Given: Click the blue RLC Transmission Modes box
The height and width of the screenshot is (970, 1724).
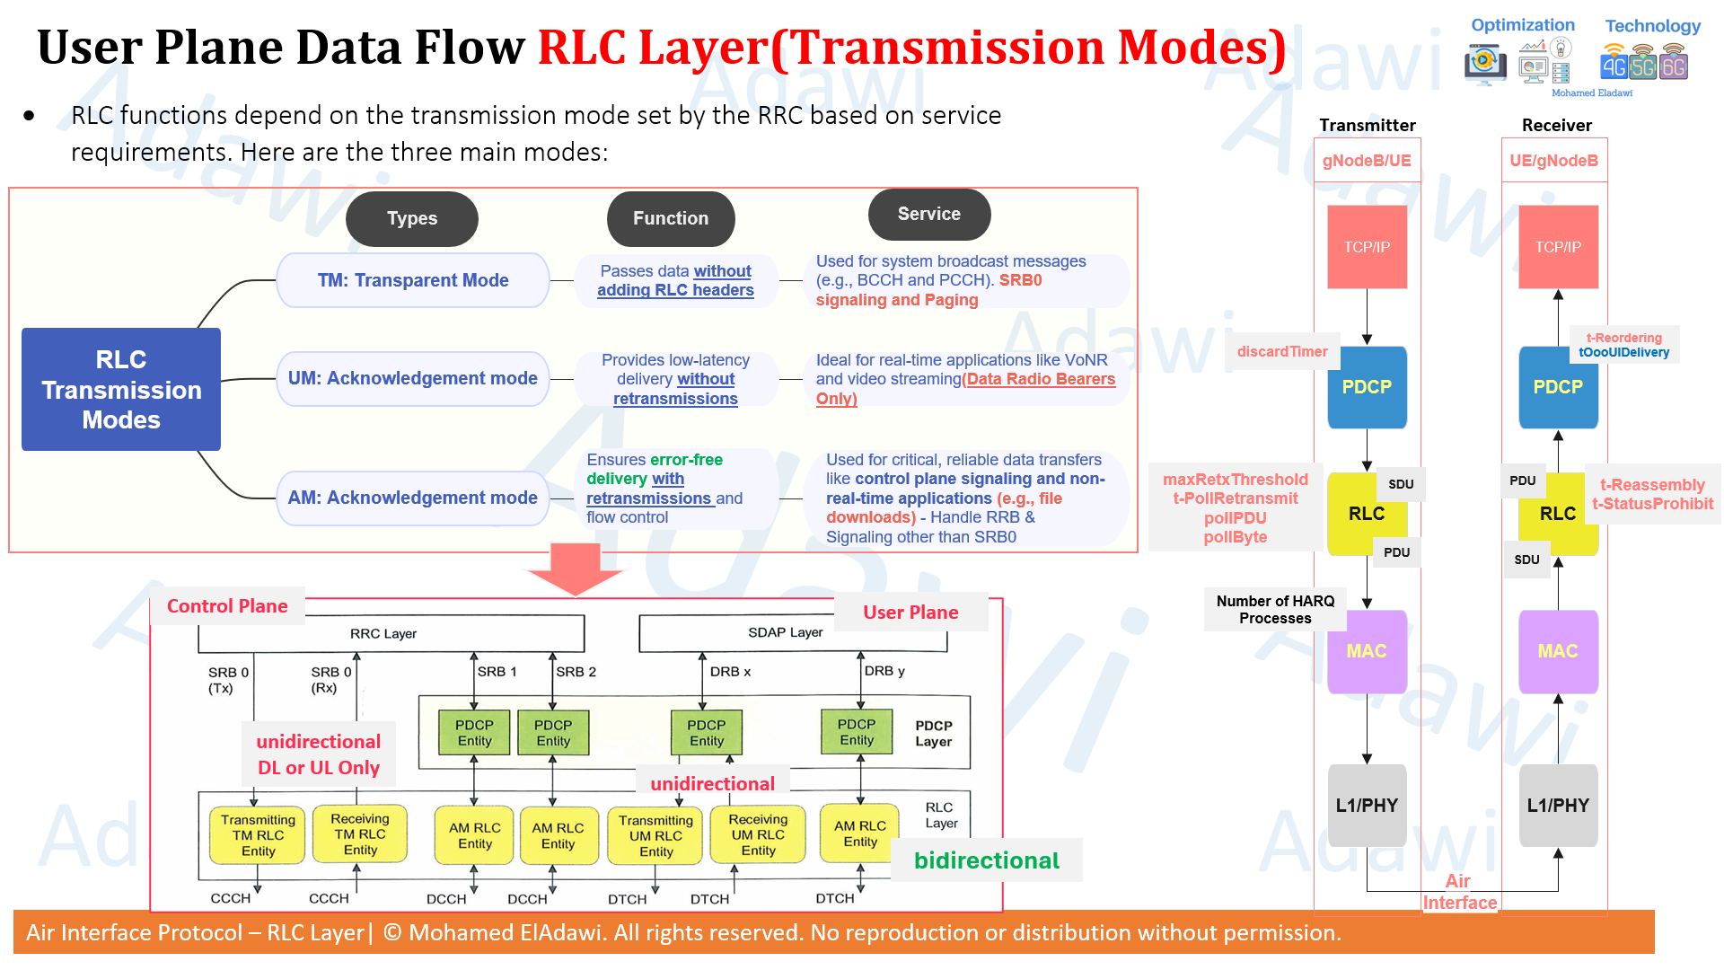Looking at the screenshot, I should (121, 389).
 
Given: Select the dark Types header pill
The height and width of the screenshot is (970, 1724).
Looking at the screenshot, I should (412, 218).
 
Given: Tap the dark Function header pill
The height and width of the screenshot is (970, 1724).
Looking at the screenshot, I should (671, 218).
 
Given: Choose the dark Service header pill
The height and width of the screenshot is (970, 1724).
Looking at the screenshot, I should (929, 214).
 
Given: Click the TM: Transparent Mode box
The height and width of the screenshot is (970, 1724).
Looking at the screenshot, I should (413, 280).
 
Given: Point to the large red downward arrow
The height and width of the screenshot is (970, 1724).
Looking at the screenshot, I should (576, 569).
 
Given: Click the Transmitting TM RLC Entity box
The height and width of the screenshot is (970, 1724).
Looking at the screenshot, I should (258, 835).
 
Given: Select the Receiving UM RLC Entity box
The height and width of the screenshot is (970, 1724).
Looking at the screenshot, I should (758, 834).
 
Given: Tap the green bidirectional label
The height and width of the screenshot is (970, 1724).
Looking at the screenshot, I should (987, 860).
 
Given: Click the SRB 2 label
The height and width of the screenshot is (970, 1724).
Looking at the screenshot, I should (576, 672).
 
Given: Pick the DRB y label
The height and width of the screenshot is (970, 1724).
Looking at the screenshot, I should (884, 671).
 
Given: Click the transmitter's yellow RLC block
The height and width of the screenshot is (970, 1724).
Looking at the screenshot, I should (1366, 514).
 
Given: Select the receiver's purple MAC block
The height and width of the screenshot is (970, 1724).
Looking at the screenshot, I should (1558, 651).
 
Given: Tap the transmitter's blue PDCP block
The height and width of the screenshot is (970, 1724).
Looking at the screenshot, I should (1367, 387).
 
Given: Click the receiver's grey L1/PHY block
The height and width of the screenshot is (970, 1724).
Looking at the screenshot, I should (1558, 806).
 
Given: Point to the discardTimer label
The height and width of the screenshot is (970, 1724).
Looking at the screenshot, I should (1282, 351).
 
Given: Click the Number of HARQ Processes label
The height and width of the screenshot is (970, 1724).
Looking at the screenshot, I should (1275, 610).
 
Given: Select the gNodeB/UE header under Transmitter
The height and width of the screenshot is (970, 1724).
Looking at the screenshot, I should (1367, 161).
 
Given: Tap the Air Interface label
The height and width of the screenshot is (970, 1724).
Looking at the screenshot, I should (1460, 892).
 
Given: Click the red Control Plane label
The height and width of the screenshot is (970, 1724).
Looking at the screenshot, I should (227, 606).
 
